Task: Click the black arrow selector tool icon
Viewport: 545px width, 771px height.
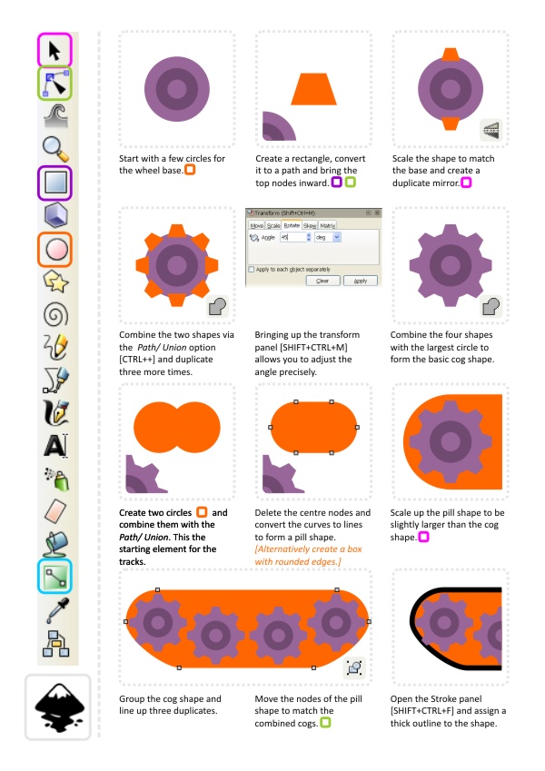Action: pos(54,51)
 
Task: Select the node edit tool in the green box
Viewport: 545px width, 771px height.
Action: pos(55,84)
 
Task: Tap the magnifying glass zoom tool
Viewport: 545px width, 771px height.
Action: pos(55,149)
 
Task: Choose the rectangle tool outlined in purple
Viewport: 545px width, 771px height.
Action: pos(55,183)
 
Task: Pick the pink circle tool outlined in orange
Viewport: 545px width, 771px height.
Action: pos(55,250)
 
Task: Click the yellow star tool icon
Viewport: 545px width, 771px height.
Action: pos(55,282)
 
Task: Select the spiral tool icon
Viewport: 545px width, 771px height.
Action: pos(55,315)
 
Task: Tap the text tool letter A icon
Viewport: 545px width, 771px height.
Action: pos(55,446)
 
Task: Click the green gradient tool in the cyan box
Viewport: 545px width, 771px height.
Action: pos(55,577)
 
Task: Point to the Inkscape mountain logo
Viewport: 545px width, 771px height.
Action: pos(59,706)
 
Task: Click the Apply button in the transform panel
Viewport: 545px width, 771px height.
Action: pos(361,281)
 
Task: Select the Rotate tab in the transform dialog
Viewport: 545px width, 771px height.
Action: pos(292,225)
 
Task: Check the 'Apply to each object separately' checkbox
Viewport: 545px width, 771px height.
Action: pos(252,270)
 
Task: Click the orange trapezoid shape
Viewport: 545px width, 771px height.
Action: pos(313,90)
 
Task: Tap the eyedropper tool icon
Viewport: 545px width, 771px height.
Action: pos(56,609)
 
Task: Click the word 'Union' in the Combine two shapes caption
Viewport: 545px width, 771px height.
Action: pos(174,347)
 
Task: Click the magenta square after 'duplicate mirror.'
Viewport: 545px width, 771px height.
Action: pos(466,183)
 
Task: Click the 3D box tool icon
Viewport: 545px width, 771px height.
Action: pos(55,216)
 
